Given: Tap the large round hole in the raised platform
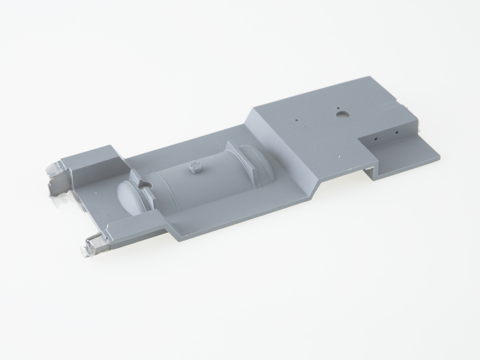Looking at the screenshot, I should click(342, 115).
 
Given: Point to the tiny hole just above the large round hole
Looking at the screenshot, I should click(338, 108).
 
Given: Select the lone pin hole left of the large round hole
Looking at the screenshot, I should click(297, 119).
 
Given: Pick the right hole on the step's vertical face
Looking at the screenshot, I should click(397, 131).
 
